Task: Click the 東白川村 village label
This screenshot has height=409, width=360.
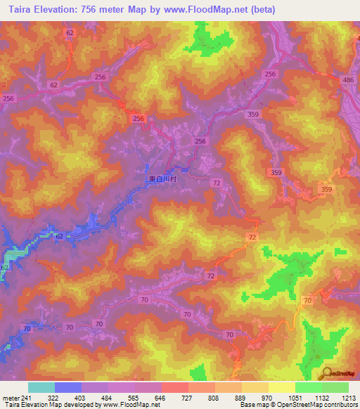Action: coord(165,179)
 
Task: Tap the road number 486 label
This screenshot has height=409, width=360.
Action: coord(348,81)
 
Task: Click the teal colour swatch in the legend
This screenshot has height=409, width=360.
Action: coord(41,387)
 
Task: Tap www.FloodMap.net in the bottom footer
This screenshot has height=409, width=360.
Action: coord(130,405)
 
